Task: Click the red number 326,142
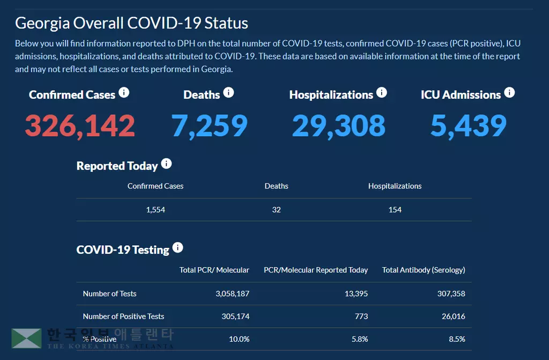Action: [x=80, y=126]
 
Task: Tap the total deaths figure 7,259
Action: [x=209, y=126]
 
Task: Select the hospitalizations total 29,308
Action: [x=338, y=126]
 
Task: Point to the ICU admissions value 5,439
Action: [x=468, y=126]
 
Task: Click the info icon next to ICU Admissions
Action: [x=509, y=93]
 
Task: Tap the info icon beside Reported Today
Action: [x=166, y=164]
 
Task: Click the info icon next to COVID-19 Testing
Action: [x=177, y=248]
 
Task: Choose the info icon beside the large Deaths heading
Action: [x=228, y=93]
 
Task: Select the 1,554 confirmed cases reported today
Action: [x=155, y=210]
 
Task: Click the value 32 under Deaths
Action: [x=276, y=210]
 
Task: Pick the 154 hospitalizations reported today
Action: [x=395, y=210]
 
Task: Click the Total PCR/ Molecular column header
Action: [x=214, y=270]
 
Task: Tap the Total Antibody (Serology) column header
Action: [x=424, y=270]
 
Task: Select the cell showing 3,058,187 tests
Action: [x=232, y=293]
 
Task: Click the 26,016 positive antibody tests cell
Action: [x=453, y=316]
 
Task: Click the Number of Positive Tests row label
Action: [x=123, y=316]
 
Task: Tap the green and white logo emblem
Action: [x=27, y=339]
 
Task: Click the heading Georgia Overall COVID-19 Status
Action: [x=131, y=24]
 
